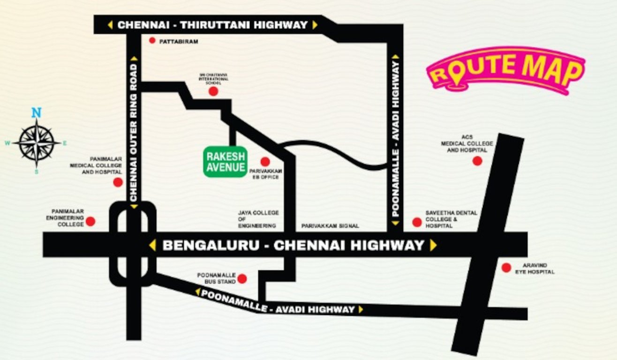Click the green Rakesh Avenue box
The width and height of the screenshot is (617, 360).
(x=225, y=162)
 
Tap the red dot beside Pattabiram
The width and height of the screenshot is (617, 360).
(x=152, y=41)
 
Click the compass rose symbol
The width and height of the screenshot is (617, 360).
(x=37, y=142)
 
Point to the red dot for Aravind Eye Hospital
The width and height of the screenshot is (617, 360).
(x=506, y=268)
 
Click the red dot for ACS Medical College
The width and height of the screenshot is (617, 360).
(x=477, y=161)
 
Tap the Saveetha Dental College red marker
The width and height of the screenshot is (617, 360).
(x=417, y=222)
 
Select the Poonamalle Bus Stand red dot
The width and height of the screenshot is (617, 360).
(x=242, y=279)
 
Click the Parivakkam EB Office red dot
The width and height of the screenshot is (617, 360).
(x=265, y=162)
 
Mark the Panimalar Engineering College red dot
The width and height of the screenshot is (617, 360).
(x=90, y=221)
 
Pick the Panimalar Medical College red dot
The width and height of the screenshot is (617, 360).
(x=118, y=182)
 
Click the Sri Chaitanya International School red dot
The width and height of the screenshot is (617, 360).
(x=213, y=91)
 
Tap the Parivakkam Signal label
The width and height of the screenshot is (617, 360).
(x=330, y=226)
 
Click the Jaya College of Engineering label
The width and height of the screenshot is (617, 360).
(x=258, y=219)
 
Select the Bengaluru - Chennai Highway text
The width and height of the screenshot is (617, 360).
(x=293, y=245)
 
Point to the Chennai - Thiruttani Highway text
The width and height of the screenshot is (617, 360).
(x=212, y=25)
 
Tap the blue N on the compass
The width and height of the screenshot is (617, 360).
(x=36, y=112)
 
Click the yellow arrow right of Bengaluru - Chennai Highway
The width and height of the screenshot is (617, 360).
(x=433, y=245)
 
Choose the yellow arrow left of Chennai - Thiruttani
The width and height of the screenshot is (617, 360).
(x=110, y=25)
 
